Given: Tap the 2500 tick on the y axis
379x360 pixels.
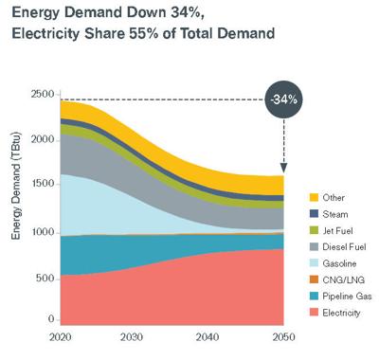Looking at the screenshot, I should (42, 94).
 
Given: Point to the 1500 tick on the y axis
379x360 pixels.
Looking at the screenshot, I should (42, 186).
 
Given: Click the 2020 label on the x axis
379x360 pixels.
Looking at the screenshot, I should (61, 337).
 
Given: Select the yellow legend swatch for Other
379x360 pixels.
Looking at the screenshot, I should (302, 197).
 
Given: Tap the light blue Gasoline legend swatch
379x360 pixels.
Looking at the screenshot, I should (302, 264).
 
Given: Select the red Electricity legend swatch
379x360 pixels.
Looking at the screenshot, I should (302, 315).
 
